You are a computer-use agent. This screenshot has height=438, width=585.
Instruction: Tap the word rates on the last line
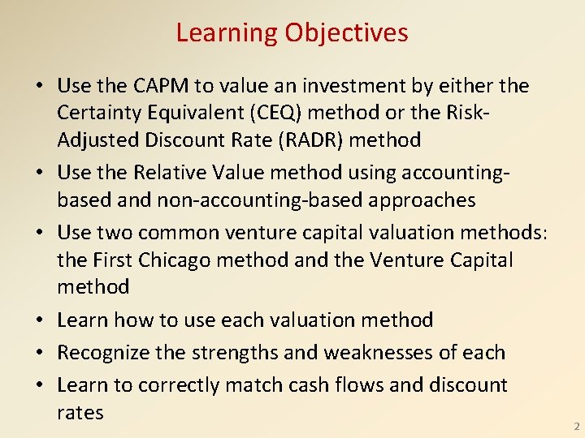[80, 413]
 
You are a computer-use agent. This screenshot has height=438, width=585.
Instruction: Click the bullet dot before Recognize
[39, 354]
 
